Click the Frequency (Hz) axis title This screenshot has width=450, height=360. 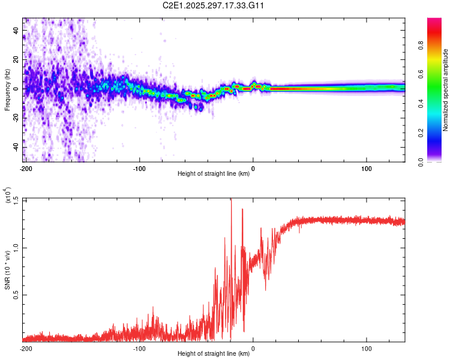click(8, 90)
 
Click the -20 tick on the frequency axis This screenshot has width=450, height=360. click(16, 118)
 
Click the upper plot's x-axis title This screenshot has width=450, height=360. click(214, 174)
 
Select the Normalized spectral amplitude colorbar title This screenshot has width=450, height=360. click(446, 90)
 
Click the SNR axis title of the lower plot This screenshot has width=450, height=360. click(8, 270)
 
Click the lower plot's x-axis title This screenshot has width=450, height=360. click(214, 353)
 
